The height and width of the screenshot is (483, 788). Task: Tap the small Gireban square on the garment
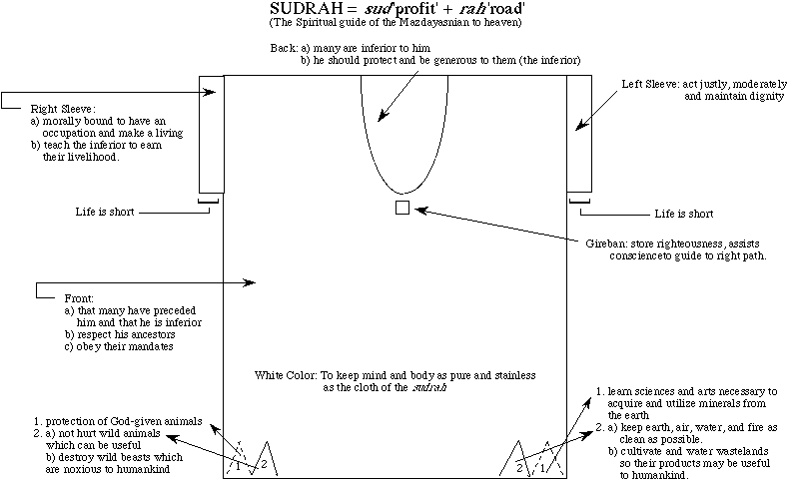(x=402, y=208)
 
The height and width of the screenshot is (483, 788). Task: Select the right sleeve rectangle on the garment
(x=212, y=134)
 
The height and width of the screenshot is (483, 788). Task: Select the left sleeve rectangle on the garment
(x=580, y=134)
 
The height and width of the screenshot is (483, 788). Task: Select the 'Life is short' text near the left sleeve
(x=683, y=213)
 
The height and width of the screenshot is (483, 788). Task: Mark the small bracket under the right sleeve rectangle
(x=210, y=204)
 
